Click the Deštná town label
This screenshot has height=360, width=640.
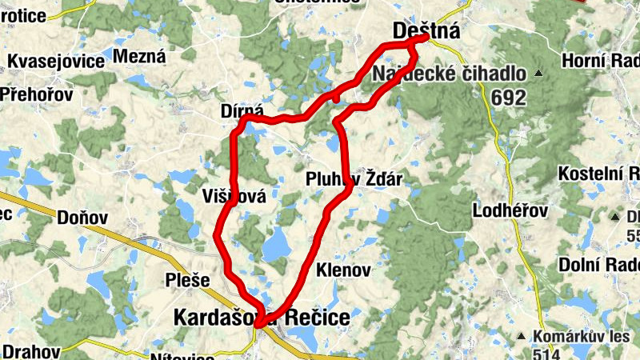(426, 31)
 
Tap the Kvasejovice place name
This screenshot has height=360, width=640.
(56, 62)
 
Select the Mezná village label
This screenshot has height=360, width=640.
(139, 56)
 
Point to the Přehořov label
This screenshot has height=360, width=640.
(36, 94)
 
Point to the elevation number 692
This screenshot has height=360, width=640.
(510, 98)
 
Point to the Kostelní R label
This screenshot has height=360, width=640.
(598, 174)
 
